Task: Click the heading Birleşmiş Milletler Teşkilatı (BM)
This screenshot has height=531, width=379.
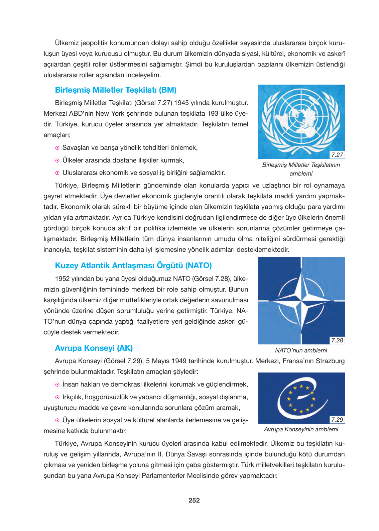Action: pos(116,90)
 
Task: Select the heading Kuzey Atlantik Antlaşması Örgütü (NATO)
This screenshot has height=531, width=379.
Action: pos(133,265)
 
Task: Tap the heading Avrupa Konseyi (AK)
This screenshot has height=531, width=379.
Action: pos(94,348)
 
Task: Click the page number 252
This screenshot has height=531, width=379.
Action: pos(194,500)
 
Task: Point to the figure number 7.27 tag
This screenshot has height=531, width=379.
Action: pos(337,155)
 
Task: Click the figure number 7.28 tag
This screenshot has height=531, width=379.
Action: pos(337,340)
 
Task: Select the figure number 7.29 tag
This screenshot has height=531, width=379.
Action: pos(337,420)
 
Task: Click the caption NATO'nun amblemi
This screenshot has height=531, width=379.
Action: pos(301,350)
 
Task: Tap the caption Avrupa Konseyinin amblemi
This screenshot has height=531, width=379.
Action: pos(301,429)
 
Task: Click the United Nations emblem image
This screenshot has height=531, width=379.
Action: pos(301,120)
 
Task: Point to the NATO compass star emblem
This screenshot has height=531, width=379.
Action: pos(301,300)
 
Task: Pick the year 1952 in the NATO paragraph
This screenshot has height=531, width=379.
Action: pos(62,279)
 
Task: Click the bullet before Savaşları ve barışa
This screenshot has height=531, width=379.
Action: pos(57,148)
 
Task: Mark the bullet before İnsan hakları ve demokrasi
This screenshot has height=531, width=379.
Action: pos(57,385)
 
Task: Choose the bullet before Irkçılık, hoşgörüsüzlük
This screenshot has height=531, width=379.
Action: pos(57,397)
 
